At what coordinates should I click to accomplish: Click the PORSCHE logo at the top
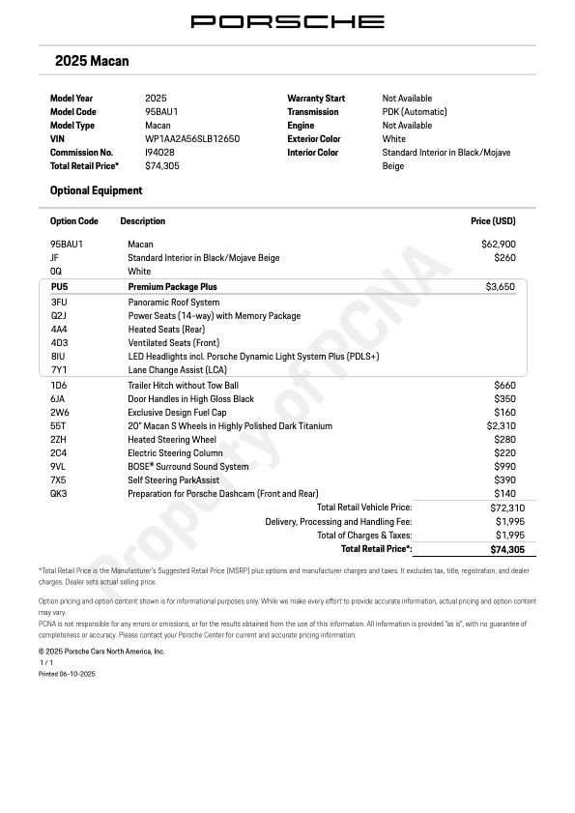[287, 21]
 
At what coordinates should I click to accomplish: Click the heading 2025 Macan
[92, 61]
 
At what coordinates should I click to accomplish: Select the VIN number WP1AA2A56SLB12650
[192, 139]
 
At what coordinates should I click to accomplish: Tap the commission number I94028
[159, 153]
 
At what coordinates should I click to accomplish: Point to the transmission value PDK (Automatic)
[415, 112]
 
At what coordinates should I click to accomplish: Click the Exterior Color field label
[314, 139]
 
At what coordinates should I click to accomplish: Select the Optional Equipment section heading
[96, 190]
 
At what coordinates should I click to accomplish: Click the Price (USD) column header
[493, 221]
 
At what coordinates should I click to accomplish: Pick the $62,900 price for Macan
[499, 245]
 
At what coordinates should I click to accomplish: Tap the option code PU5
[60, 287]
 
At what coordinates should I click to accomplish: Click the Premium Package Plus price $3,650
[501, 287]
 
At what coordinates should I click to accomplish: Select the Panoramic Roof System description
[174, 303]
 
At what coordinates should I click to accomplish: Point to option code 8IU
[59, 357]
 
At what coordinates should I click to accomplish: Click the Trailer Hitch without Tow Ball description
[183, 386]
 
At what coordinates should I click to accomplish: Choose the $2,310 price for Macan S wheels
[501, 426]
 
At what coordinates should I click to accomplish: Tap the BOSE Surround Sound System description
[188, 467]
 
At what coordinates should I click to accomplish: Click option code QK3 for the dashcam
[59, 494]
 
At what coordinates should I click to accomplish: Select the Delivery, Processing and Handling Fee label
[338, 522]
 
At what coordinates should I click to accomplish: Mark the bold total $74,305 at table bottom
[507, 549]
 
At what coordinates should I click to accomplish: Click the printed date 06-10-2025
[78, 674]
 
